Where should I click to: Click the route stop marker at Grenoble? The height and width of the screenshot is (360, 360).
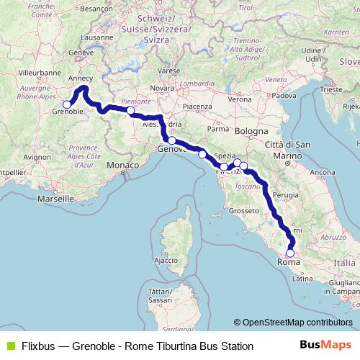pos(67,104)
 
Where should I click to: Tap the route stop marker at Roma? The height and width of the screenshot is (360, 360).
pos(290,253)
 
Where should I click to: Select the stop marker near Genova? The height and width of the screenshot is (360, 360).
pos(172,140)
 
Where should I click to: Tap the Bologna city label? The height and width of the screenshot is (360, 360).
pos(249,132)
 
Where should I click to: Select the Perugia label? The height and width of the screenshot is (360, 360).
pos(286,194)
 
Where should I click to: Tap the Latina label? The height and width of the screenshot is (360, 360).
pos(301,278)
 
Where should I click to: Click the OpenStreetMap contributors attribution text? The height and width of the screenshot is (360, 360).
pos(297,323)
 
